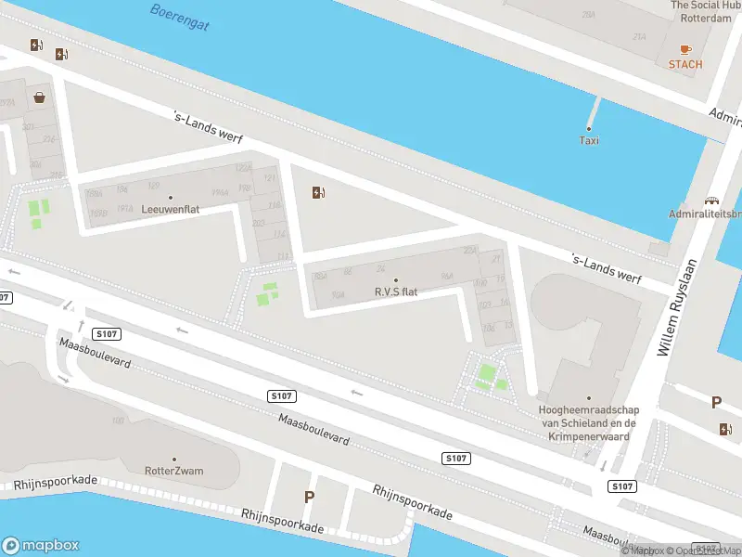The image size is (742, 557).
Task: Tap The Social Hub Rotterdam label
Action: (707, 11)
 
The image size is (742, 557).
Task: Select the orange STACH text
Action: (685, 64)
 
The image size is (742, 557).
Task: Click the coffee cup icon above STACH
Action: (685, 48)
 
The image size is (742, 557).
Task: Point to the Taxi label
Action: (589, 140)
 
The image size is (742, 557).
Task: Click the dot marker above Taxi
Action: (589, 128)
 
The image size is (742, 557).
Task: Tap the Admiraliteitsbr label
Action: (705, 214)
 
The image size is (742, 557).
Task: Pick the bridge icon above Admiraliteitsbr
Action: (712, 200)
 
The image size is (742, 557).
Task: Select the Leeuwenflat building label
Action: (171, 210)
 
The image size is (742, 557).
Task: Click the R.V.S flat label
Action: (396, 291)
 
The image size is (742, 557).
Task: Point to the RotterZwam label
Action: (174, 471)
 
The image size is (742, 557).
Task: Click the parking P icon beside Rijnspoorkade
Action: (309, 497)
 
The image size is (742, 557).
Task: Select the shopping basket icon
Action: (39, 97)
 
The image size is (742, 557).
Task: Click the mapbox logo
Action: (40, 546)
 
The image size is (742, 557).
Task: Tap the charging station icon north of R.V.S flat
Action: (319, 192)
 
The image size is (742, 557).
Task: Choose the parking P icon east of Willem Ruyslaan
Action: (716, 402)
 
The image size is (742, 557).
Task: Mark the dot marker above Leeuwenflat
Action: (171, 197)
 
